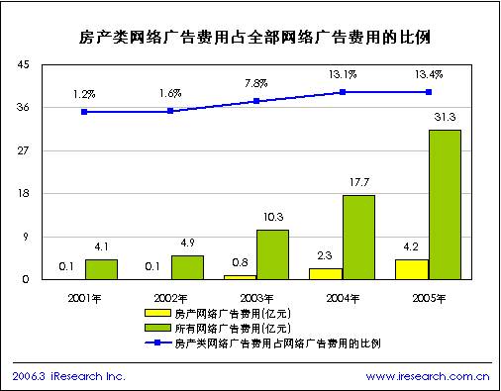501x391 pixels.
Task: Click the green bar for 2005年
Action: coord(445,205)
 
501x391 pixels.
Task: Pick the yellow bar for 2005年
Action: coord(411,269)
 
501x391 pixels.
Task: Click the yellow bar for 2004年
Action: coord(325,273)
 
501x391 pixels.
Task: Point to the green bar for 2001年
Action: coord(101,269)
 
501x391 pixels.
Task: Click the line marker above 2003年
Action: coord(256,101)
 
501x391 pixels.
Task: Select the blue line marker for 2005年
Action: coord(428,92)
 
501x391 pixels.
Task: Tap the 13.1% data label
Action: coord(343,73)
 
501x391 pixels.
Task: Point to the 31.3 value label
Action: coord(445,119)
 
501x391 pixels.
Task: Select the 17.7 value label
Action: coord(358,183)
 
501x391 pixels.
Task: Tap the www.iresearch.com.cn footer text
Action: coord(428,376)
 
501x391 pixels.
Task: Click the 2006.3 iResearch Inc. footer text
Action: coord(68,376)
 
